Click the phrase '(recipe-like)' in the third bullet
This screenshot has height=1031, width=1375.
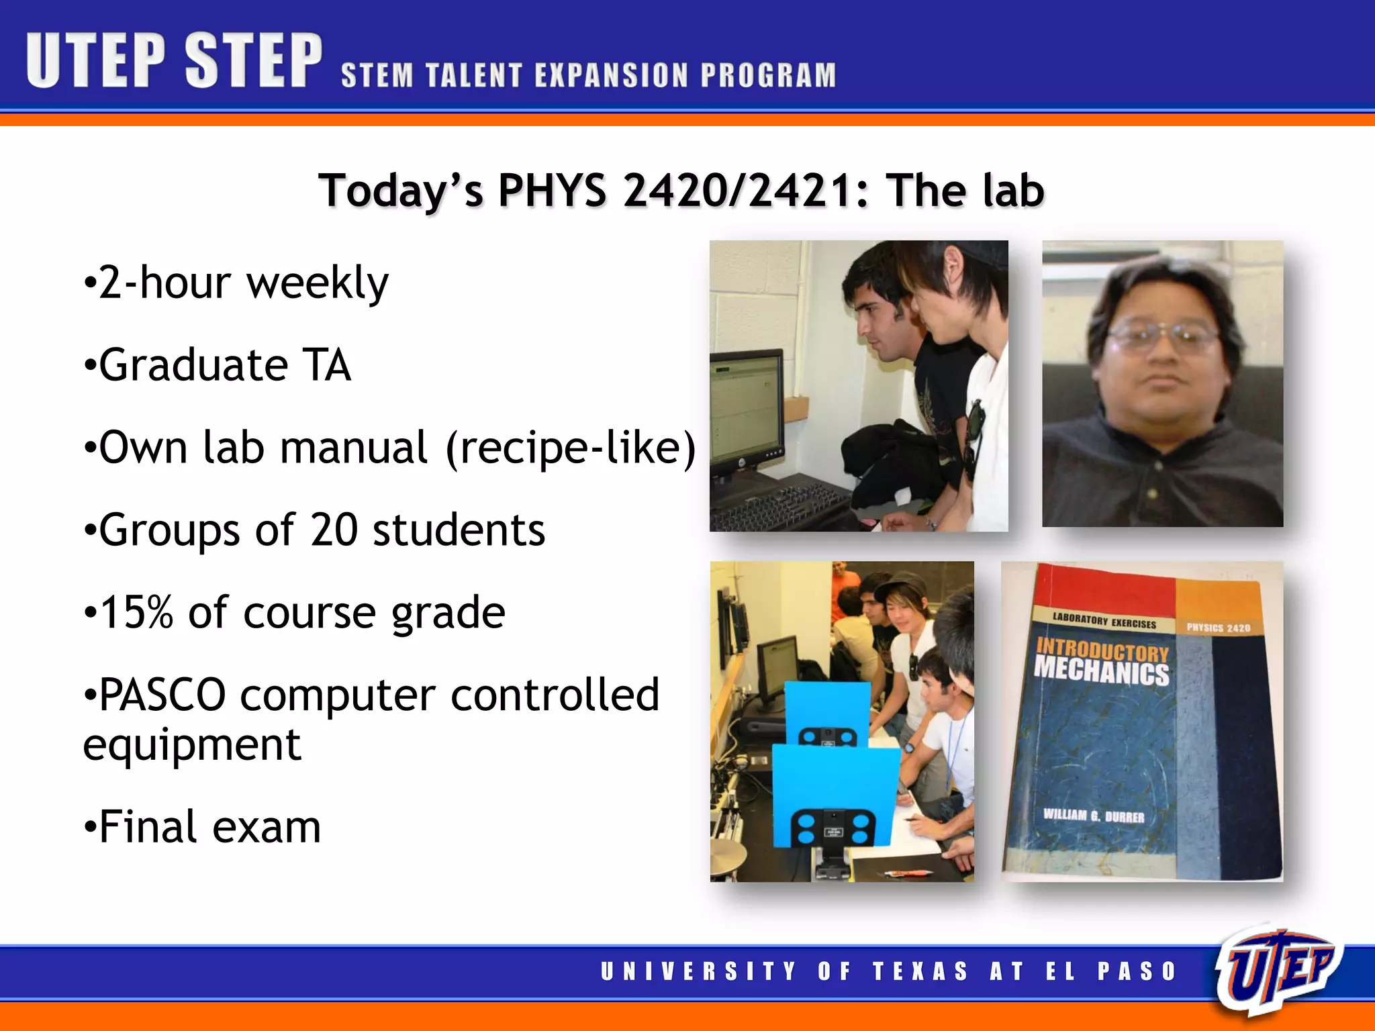pyautogui.click(x=571, y=448)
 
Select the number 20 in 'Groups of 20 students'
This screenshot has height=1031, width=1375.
pyautogui.click(x=334, y=530)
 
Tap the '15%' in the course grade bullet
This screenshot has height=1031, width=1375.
pyautogui.click(x=136, y=613)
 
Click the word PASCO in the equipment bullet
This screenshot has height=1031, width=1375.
pyautogui.click(x=162, y=695)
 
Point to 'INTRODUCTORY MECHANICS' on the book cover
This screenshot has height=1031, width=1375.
pyautogui.click(x=1101, y=662)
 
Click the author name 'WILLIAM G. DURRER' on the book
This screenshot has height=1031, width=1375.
pyautogui.click(x=1093, y=816)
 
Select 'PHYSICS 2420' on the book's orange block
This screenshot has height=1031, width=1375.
pyautogui.click(x=1218, y=628)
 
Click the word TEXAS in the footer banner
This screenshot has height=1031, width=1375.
pyautogui.click(x=920, y=971)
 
